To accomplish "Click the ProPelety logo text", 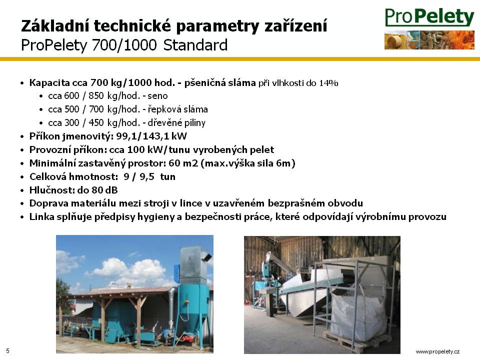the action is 429,17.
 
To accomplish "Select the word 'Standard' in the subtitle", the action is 195,45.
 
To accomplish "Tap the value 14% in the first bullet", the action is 328,83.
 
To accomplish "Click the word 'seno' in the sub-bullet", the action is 157,96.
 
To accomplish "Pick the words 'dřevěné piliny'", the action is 176,123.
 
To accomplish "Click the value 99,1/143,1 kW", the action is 151,136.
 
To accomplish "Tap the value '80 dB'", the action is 104,190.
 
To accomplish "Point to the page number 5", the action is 7,351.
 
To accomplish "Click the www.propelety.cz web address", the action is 437,351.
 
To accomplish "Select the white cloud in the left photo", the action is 128,271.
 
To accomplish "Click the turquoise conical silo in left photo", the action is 192,309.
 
